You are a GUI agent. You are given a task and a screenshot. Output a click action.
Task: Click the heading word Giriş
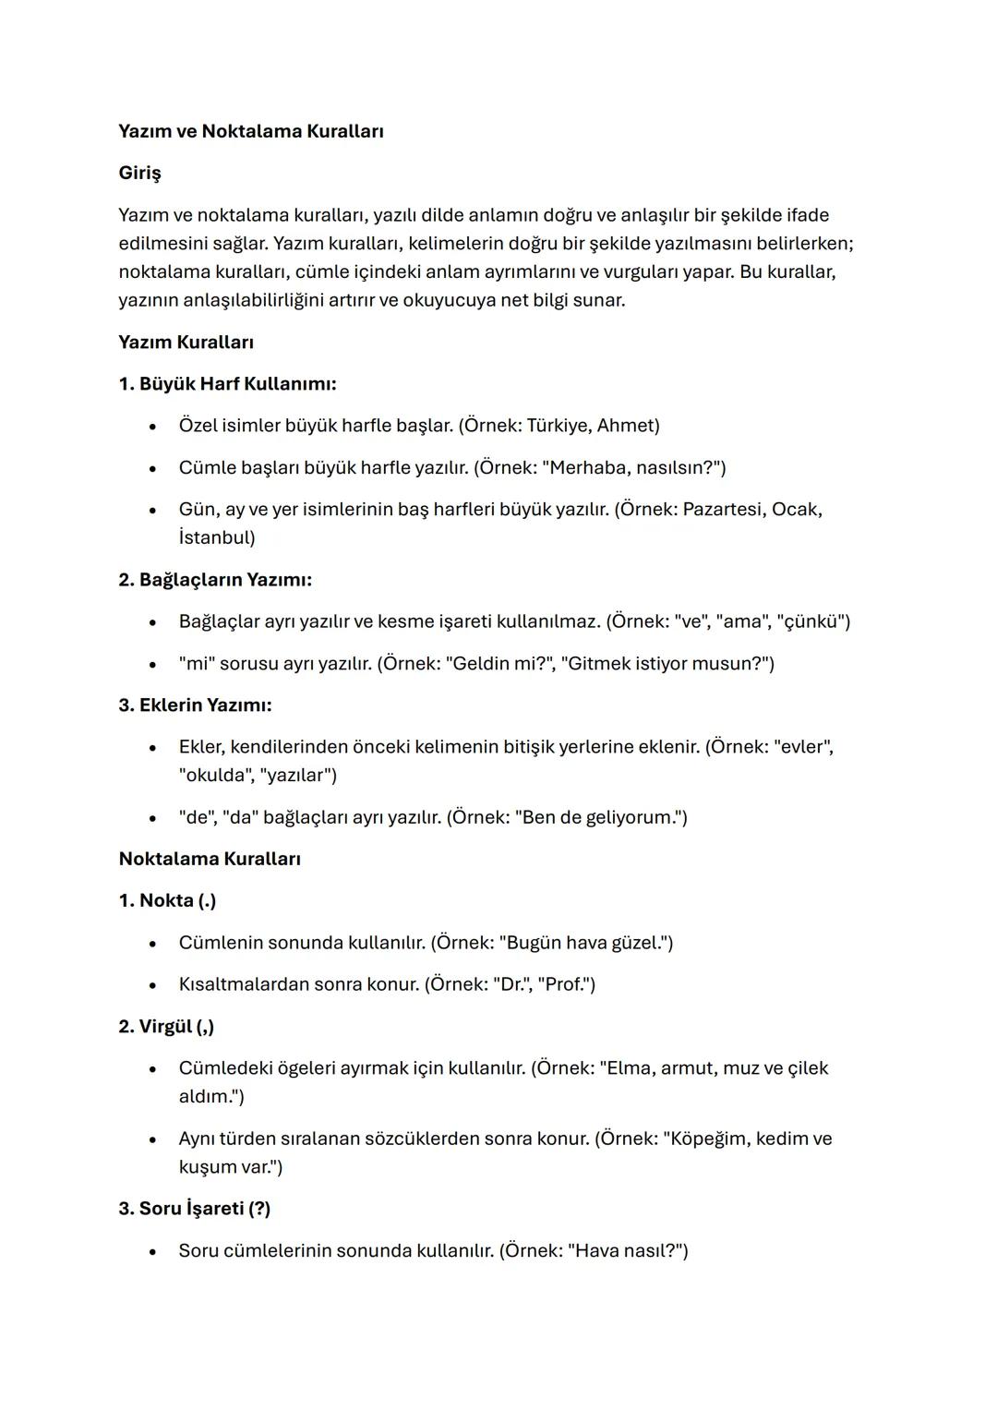tap(139, 173)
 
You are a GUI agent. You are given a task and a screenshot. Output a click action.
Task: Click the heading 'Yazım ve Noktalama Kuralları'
tap(251, 131)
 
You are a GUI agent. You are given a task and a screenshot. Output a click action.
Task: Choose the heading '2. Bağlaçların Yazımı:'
tap(215, 580)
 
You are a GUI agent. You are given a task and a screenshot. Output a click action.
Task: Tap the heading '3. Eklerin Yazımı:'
tap(195, 705)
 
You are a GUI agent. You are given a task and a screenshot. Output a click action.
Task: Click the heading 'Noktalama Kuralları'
tap(210, 859)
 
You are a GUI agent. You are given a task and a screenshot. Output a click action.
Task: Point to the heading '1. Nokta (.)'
tap(167, 900)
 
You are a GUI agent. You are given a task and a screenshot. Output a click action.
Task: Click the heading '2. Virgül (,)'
tap(166, 1027)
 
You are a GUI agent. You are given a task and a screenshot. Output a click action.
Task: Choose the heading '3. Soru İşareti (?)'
tap(195, 1209)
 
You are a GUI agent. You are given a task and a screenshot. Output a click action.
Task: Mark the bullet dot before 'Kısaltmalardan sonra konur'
tap(152, 985)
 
